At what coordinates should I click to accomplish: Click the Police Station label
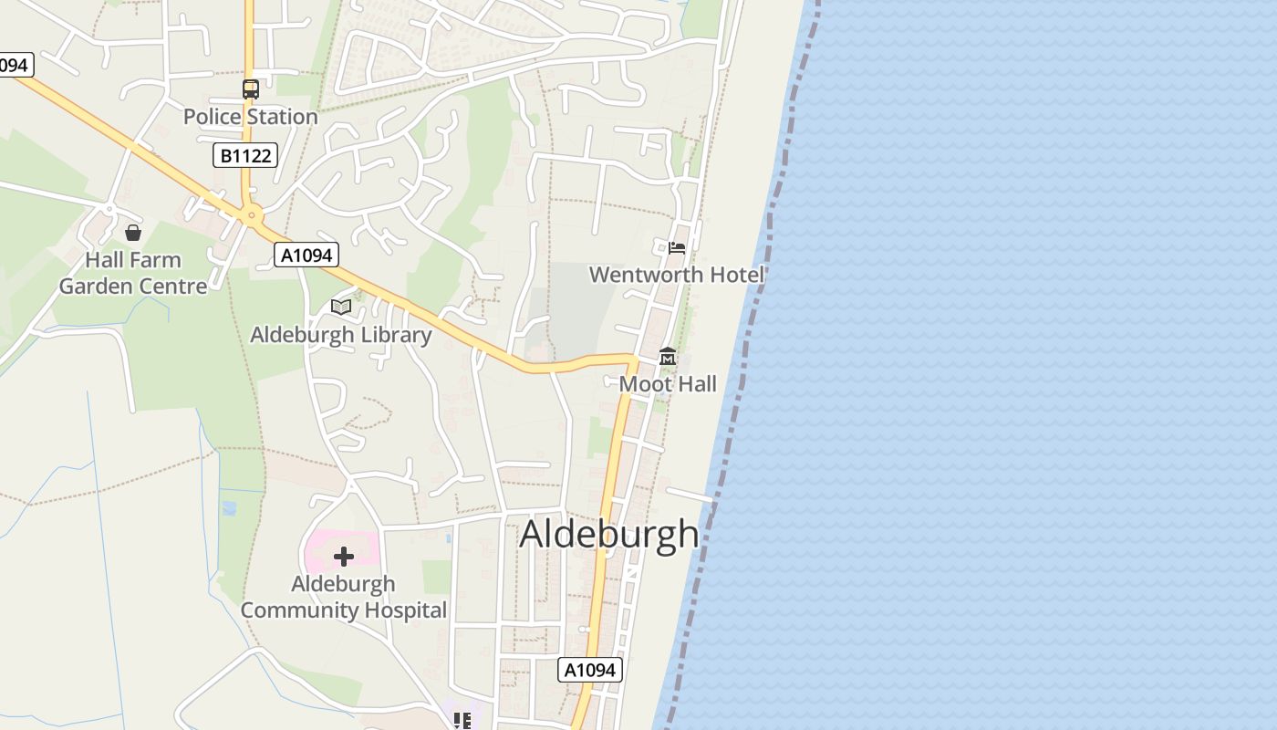250,117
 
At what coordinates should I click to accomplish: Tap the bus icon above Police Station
250,89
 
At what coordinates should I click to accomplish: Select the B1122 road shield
245,155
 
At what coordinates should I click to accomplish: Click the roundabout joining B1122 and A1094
251,216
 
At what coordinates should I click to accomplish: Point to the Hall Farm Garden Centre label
133,273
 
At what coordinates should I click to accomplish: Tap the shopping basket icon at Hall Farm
133,233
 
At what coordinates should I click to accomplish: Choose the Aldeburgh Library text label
340,335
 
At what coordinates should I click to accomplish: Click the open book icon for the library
341,307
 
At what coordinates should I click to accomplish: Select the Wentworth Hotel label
676,275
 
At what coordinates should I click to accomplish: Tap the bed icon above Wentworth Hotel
676,247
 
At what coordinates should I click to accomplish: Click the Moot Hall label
668,384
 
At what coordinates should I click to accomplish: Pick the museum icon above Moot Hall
668,357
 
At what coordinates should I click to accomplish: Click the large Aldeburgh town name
608,534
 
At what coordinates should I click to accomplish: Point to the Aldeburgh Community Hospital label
343,597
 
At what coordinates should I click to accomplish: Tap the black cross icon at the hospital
343,557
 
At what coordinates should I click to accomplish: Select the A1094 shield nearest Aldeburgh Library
306,255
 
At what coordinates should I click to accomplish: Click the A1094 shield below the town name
590,670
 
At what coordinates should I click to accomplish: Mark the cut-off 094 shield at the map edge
15,65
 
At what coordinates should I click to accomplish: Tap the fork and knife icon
462,722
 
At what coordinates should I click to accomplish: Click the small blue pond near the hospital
229,507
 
